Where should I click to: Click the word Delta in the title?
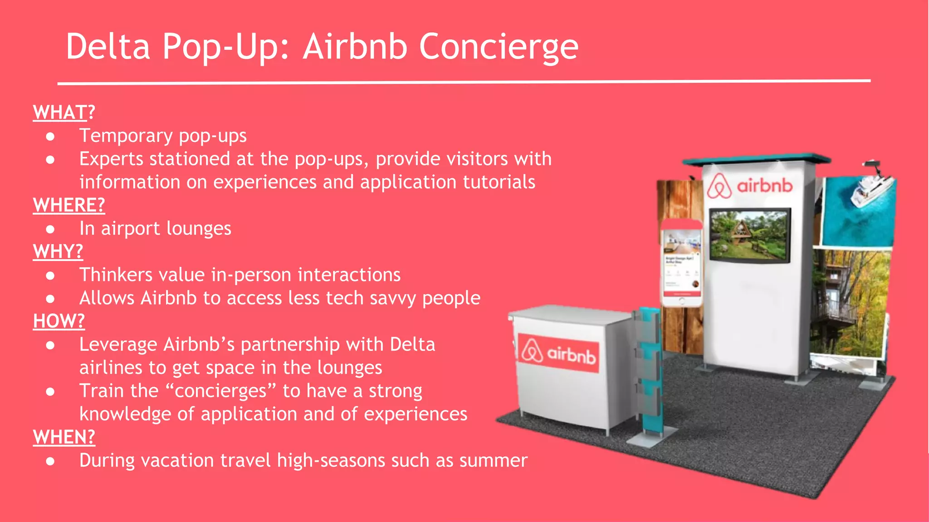click(108, 47)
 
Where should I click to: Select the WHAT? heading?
click(64, 112)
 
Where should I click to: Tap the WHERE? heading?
click(69, 205)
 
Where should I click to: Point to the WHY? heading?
click(58, 251)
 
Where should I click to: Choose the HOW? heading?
click(59, 321)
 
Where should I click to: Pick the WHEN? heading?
click(64, 437)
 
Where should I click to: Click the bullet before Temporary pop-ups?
click(50, 136)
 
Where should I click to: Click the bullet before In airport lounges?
click(50, 229)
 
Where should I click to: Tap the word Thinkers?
click(116, 275)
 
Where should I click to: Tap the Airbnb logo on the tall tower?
click(749, 186)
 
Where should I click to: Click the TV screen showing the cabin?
click(750, 235)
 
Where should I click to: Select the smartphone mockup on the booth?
click(681, 263)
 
